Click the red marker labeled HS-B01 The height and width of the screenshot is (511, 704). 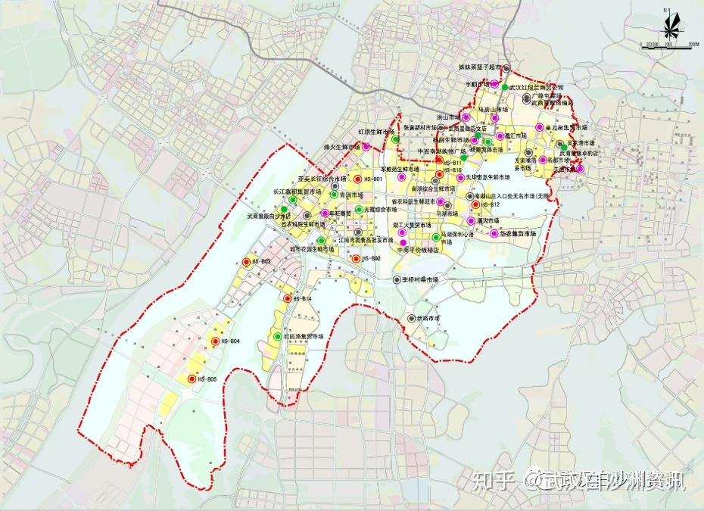[357, 179]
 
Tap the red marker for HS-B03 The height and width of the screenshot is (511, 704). [247, 263]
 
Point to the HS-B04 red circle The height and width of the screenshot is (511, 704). [216, 342]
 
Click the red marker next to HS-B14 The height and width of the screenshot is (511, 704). [288, 299]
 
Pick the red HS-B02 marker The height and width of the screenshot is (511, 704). [356, 259]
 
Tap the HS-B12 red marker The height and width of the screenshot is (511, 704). [475, 204]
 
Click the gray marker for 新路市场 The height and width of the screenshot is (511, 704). [410, 319]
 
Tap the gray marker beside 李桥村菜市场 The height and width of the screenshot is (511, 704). [397, 279]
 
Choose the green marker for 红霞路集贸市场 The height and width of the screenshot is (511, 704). [278, 335]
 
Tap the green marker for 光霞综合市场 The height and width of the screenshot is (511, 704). [359, 210]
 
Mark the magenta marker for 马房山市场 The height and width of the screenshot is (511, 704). [473, 110]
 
